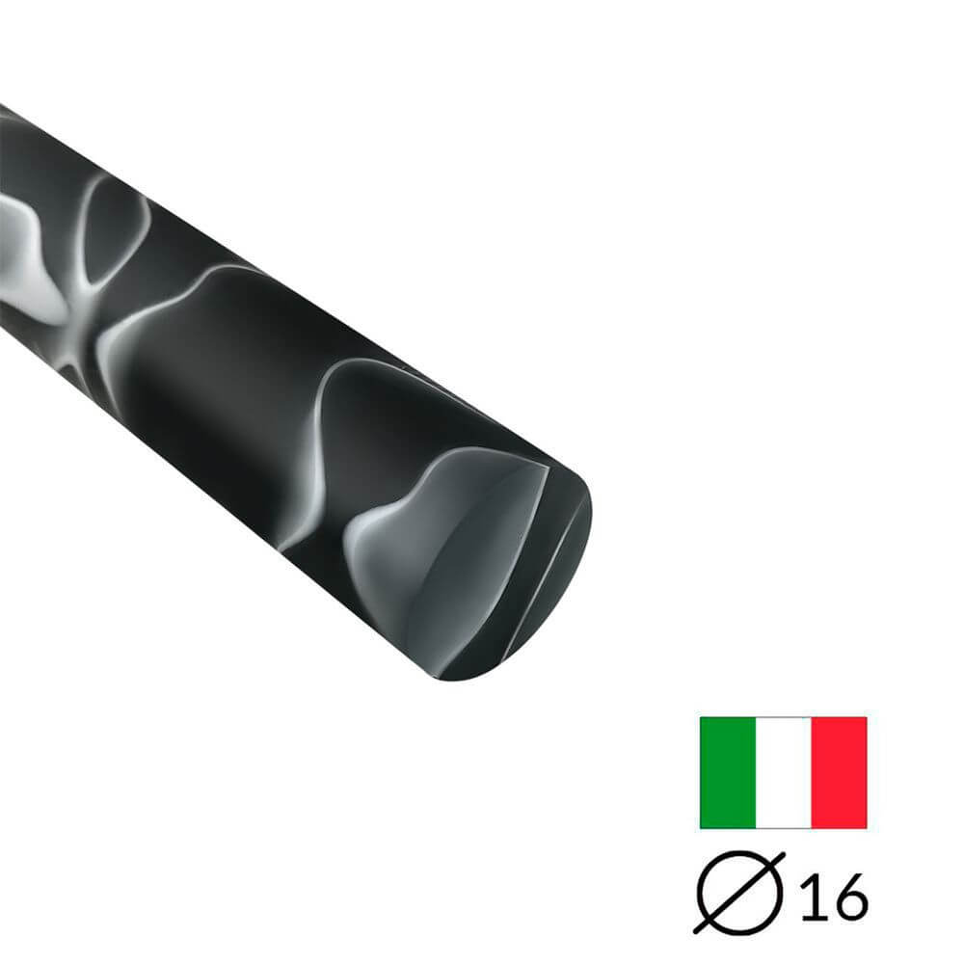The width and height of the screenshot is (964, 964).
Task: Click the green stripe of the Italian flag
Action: [x=728, y=772]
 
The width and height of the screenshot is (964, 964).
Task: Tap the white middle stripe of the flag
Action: [x=783, y=772]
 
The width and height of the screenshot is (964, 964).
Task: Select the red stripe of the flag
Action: [x=839, y=772]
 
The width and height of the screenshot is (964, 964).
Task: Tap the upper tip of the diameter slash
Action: [x=782, y=855]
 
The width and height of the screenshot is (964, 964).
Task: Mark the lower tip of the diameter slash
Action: [x=697, y=932]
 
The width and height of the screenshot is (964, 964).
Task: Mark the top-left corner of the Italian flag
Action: [x=701, y=717]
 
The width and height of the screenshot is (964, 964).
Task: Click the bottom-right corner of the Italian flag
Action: [x=867, y=828]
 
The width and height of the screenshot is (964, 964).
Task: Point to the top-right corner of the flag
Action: [x=867, y=717]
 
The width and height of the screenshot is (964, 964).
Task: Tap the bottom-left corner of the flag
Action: [x=701, y=828]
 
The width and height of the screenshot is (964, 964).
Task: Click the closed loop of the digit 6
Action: [x=849, y=903]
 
